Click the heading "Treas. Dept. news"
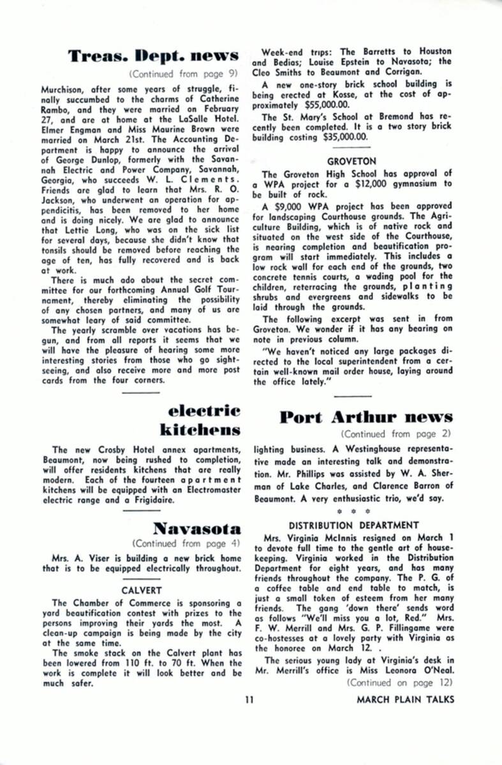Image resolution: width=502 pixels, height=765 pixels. [x=154, y=56]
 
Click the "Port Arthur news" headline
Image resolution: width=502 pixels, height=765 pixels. [x=366, y=418]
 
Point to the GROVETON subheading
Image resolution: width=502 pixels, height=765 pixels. [x=351, y=162]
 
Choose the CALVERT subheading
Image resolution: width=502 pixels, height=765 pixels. [x=142, y=590]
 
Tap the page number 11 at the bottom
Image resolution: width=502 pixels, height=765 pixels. [x=249, y=699]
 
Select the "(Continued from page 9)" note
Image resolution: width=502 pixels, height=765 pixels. [x=184, y=73]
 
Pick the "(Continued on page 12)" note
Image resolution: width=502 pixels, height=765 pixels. [x=400, y=681]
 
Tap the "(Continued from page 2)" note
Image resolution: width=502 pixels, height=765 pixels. [x=397, y=434]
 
